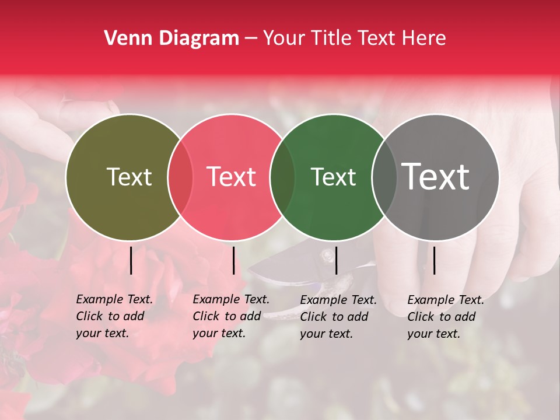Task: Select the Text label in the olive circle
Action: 129,177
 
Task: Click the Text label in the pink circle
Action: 232,177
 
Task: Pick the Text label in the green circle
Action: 333,177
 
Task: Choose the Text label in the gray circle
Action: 436,176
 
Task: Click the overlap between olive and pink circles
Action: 180,177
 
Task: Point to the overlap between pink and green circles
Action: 282,177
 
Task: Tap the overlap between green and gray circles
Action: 384,177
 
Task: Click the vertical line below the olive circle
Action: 131,260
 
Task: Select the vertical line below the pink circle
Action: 233,260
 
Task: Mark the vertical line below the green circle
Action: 336,260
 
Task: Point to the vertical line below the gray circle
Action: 434,260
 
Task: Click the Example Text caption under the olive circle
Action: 114,316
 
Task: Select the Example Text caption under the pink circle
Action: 231,316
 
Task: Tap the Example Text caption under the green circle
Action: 338,317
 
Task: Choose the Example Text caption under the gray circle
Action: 446,317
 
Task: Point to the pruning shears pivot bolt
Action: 328,255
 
